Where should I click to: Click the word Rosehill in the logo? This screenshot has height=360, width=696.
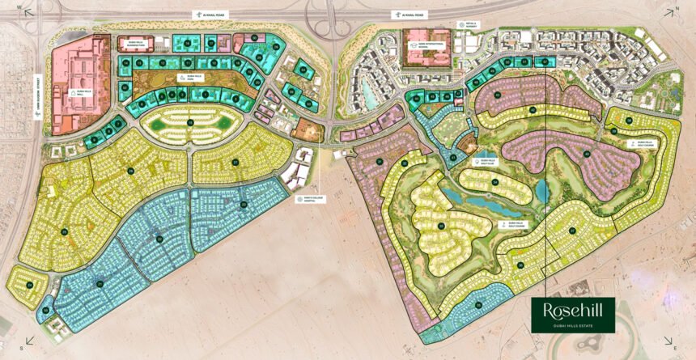[x=572, y=310]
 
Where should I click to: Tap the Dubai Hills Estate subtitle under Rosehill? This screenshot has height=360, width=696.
[x=572, y=324]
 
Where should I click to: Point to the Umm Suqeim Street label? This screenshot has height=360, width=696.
[x=37, y=96]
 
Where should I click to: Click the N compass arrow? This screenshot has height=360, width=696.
[x=671, y=10]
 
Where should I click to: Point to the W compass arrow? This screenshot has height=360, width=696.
[x=27, y=10]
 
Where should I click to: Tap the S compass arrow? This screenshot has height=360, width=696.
[x=29, y=341]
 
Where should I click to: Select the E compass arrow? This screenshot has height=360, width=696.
[x=668, y=341]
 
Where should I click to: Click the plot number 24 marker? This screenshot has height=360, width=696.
[x=29, y=285]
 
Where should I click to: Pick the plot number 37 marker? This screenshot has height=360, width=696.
[x=573, y=231]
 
